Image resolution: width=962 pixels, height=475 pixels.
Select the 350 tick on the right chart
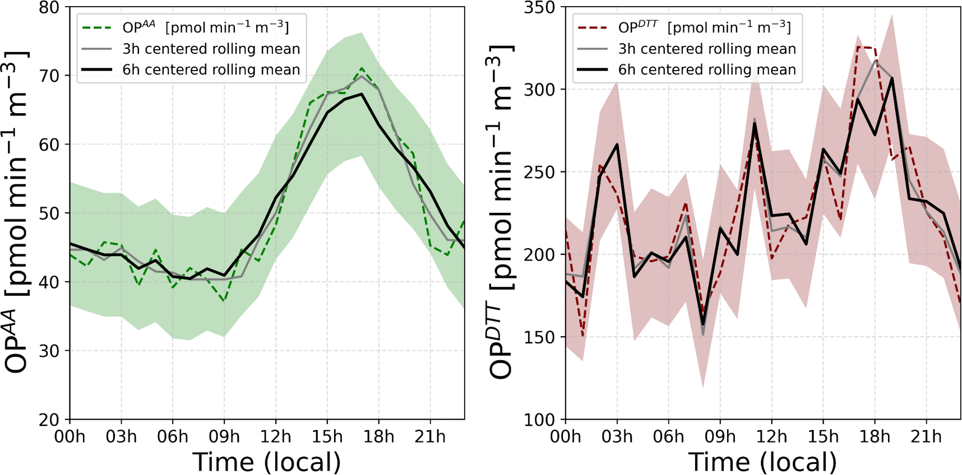[539, 8]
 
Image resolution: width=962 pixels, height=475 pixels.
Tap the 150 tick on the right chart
[539, 337]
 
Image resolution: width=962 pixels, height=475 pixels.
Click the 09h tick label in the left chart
[224, 436]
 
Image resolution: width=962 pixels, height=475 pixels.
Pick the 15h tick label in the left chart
[327, 436]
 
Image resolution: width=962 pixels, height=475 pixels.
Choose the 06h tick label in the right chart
[668, 436]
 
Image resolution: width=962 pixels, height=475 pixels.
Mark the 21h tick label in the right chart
[926, 436]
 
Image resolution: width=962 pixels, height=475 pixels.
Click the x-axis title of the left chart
[267, 462]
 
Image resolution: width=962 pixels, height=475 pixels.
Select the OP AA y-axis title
[17, 213]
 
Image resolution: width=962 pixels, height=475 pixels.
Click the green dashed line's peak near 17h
[362, 69]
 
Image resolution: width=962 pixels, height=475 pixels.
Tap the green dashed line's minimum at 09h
[224, 301]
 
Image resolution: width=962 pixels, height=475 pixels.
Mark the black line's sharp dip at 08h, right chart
[703, 325]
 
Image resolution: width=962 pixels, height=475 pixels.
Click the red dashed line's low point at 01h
[583, 336]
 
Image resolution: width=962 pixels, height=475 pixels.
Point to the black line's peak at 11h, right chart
[755, 124]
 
